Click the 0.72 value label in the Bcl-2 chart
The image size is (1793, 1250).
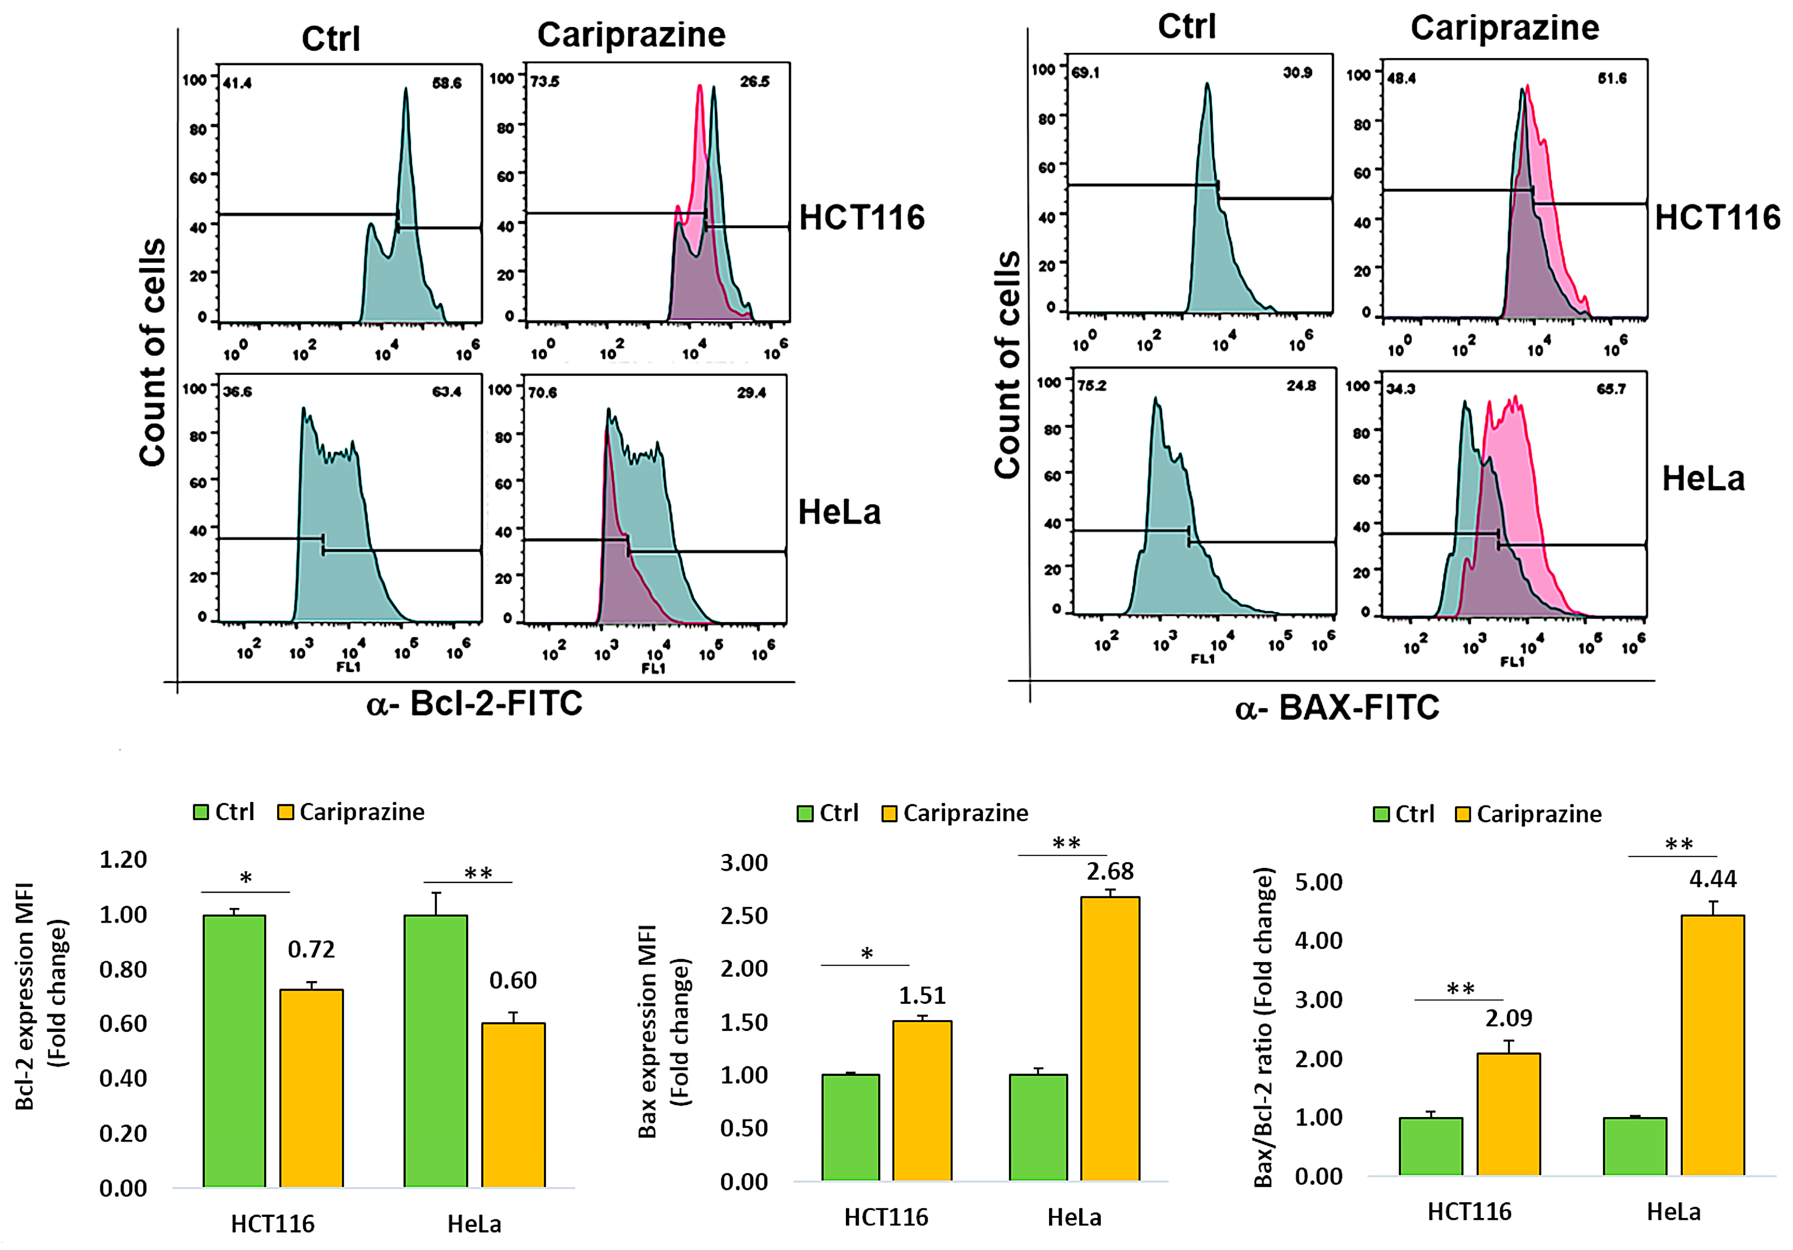point(311,949)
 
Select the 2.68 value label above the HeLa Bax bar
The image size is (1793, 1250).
point(1110,870)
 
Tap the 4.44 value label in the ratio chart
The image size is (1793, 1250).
point(1712,879)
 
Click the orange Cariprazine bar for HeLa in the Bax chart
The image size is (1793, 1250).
point(1110,1038)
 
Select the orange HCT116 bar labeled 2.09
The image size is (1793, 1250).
point(1508,1114)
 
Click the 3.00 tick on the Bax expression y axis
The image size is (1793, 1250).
point(743,863)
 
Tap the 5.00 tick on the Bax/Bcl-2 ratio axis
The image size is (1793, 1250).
point(1318,882)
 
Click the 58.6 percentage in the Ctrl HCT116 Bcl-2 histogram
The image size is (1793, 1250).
point(447,83)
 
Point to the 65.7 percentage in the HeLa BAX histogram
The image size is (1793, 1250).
point(1611,389)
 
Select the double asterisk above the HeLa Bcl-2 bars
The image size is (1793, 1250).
point(478,873)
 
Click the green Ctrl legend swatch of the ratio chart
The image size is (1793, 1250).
point(1381,815)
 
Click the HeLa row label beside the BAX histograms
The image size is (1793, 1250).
point(1703,478)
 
